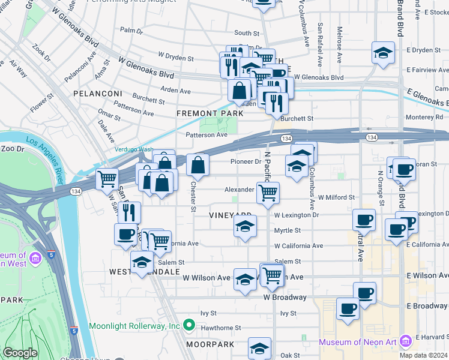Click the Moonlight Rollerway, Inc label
tap(134, 326)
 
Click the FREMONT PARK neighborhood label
tap(209, 113)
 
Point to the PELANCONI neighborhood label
tap(98, 94)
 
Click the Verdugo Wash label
tap(134, 150)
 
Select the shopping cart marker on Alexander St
tap(268, 193)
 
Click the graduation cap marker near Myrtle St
tap(245, 226)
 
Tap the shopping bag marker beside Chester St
tap(197, 164)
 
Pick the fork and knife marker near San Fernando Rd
tap(129, 212)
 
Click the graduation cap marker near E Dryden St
tap(383, 53)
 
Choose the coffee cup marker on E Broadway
tap(348, 308)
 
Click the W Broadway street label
tap(285, 297)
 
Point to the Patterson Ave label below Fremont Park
tap(206, 135)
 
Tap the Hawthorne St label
tap(220, 328)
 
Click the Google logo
tap(20, 353)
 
